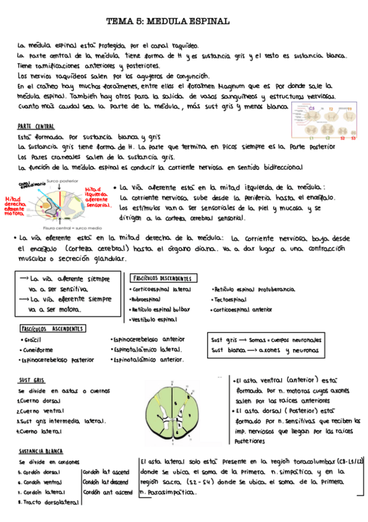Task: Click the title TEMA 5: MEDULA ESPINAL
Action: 168,21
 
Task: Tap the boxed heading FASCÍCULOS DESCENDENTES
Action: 164,278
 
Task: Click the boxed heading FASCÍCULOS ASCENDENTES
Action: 52,329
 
